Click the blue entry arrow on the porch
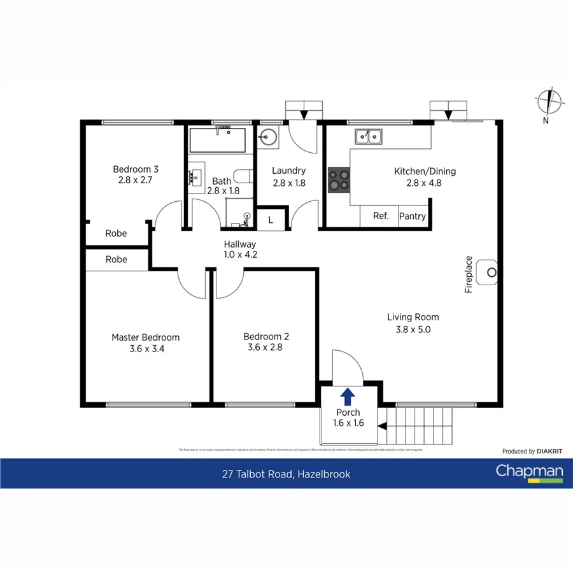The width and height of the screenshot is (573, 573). (348, 397)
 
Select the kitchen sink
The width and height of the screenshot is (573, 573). (369, 136)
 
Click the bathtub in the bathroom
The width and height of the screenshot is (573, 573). (217, 140)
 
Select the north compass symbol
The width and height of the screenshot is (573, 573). (549, 103)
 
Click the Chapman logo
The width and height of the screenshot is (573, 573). (530, 473)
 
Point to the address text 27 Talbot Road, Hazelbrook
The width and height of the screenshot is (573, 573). (286, 474)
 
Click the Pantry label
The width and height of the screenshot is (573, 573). (412, 216)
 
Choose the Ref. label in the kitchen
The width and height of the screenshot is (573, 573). (381, 216)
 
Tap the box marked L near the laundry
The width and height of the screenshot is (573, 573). (271, 220)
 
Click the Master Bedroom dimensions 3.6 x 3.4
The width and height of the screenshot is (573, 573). (145, 348)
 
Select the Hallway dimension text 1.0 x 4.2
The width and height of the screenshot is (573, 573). (239, 255)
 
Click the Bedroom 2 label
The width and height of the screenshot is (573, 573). (262, 336)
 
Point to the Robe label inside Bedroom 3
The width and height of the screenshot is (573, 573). (116, 233)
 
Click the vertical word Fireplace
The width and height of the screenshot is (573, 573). (469, 274)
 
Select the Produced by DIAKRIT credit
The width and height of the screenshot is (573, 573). (532, 451)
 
